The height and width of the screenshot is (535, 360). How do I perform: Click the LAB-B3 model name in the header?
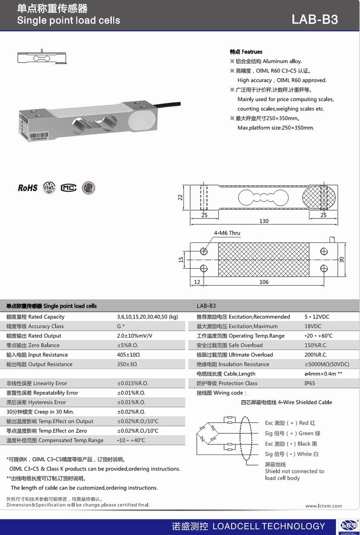tap(314, 19)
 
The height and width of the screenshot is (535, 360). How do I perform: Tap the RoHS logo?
tap(28, 188)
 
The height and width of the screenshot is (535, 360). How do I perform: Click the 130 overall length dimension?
tap(263, 221)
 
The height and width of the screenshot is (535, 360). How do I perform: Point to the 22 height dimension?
tap(181, 197)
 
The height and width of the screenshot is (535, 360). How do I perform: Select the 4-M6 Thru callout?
tap(227, 233)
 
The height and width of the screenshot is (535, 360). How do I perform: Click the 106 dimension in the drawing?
tap(263, 282)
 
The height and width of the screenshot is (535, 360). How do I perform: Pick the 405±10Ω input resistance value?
tap(128, 355)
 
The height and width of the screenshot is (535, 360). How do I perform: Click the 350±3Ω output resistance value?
tap(127, 364)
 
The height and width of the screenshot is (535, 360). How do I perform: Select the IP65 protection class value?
tap(309, 383)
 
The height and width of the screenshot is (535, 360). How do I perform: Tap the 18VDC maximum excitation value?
tap(313, 326)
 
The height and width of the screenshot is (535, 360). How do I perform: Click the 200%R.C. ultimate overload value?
tap(315, 355)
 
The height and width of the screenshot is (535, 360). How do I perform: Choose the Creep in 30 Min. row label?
tap(40, 412)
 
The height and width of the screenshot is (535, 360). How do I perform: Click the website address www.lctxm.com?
tap(324, 506)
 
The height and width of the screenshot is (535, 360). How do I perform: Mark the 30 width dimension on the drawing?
tap(342, 259)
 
